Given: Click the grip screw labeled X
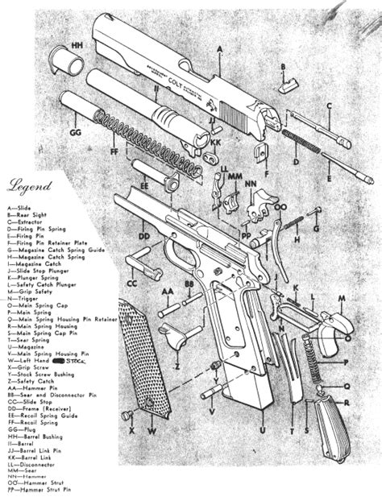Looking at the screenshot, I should tap(127, 415).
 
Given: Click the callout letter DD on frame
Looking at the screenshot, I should tap(145, 236).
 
